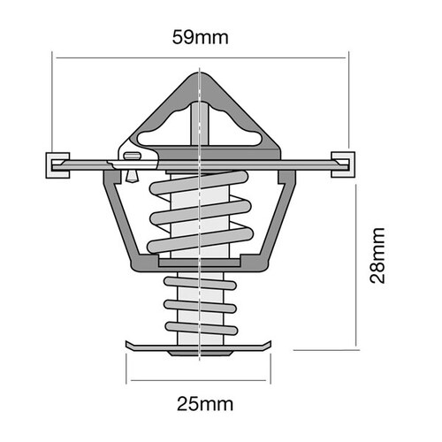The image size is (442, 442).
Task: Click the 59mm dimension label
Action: [x=202, y=37]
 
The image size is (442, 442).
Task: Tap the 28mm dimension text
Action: [x=379, y=256]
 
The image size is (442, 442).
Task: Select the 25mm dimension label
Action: [x=205, y=404]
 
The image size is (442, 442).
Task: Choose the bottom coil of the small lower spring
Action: [x=201, y=328]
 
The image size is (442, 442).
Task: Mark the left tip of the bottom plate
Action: [x=129, y=345]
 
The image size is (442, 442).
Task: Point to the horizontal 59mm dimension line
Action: [x=265, y=58]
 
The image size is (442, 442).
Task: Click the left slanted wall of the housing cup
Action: [x=118, y=221]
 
